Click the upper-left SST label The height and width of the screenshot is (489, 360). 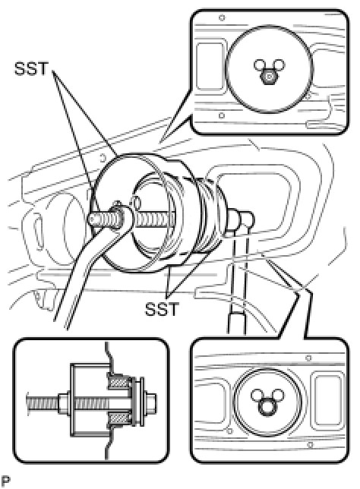pyautogui.click(x=31, y=68)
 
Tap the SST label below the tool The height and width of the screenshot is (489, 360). pyautogui.click(x=162, y=309)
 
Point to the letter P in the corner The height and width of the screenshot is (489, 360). pyautogui.click(x=5, y=481)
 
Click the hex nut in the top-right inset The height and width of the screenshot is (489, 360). pyautogui.click(x=270, y=77)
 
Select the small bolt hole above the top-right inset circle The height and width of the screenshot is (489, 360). pyautogui.click(x=222, y=17)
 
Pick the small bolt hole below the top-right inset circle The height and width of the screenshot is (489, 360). pyautogui.click(x=222, y=115)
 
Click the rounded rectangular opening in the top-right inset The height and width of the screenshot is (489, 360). pyautogui.click(x=210, y=66)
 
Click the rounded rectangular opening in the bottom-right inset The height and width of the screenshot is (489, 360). pyautogui.click(x=328, y=400)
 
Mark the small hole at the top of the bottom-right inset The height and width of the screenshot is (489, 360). pyautogui.click(x=308, y=358)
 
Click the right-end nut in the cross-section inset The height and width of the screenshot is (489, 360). pyautogui.click(x=151, y=400)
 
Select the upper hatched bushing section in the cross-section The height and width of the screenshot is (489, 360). pyautogui.click(x=118, y=383)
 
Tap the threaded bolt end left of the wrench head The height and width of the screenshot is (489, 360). pyautogui.click(x=100, y=220)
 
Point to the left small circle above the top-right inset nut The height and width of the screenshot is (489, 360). pyautogui.click(x=260, y=65)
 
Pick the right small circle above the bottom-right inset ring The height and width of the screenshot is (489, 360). pyautogui.click(x=278, y=394)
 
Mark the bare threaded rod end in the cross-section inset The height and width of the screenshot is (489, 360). pyautogui.click(x=43, y=400)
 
